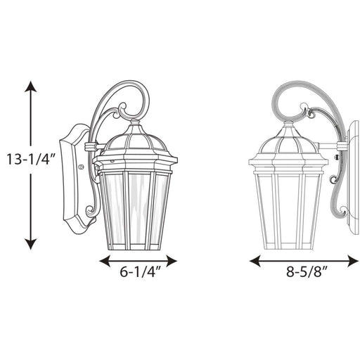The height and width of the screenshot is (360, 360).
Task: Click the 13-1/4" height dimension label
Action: (x=31, y=160)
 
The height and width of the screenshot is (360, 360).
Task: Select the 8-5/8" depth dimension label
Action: (x=307, y=272)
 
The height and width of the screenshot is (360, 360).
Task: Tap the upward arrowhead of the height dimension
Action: (x=30, y=86)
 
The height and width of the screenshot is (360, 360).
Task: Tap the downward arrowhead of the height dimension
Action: (x=30, y=244)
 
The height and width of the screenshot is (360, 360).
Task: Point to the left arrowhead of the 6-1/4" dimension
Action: (x=105, y=261)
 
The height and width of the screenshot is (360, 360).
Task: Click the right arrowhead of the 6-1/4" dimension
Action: (x=172, y=261)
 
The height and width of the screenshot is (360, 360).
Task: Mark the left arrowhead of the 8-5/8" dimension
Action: (x=255, y=261)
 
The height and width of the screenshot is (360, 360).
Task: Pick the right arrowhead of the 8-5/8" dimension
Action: (x=353, y=261)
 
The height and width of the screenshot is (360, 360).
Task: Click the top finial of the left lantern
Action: (x=134, y=122)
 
